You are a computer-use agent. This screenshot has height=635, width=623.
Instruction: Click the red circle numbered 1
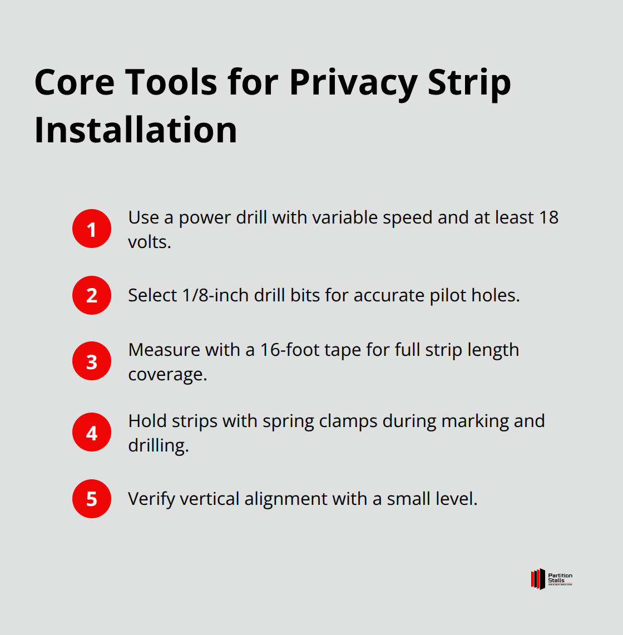tap(92, 229)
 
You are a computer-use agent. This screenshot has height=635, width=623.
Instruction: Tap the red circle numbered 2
tap(92, 295)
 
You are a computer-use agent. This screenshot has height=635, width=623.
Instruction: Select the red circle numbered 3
tap(92, 361)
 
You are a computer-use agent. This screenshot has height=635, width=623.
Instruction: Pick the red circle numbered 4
tap(92, 432)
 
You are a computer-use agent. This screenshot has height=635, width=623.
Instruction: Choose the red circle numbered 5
tap(92, 499)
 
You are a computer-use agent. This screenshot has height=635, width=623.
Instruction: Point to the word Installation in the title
tap(136, 130)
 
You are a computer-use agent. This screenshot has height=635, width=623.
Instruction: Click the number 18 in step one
tap(548, 217)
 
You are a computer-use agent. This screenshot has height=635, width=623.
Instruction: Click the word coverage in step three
tap(166, 374)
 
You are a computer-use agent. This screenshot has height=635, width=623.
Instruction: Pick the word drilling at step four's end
tap(158, 445)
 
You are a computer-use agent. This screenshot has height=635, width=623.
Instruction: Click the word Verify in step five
tap(152, 499)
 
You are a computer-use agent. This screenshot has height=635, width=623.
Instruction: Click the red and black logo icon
tap(537, 579)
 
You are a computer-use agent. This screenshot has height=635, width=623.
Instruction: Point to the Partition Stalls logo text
tap(560, 578)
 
